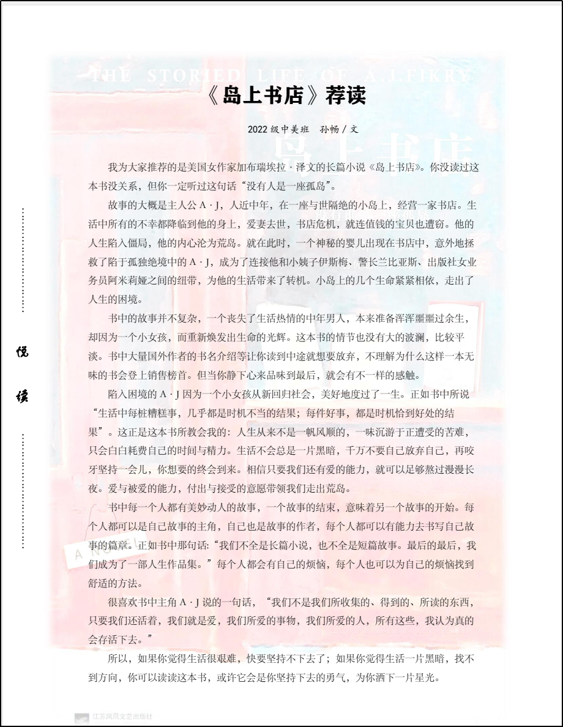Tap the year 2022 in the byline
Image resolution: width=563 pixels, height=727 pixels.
point(258,130)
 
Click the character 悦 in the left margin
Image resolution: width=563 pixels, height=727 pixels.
point(23,352)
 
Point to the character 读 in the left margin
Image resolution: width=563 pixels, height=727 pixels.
point(23,396)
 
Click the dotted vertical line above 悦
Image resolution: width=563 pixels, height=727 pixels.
point(23,260)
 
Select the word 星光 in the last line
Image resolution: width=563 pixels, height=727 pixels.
point(427,678)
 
